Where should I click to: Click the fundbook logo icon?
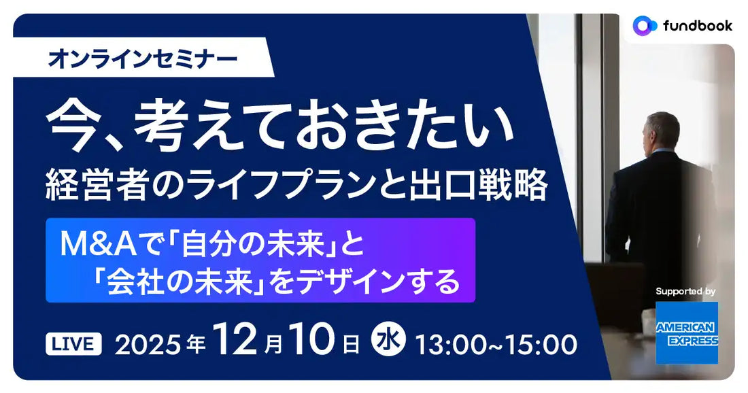(x=644, y=25)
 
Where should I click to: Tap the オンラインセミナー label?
(x=142, y=59)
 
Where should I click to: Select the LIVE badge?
(x=73, y=344)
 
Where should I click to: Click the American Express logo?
(x=687, y=333)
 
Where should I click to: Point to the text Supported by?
(x=685, y=291)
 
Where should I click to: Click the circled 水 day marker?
(x=390, y=343)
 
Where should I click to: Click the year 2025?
(x=149, y=345)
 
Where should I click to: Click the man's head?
(x=662, y=131)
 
